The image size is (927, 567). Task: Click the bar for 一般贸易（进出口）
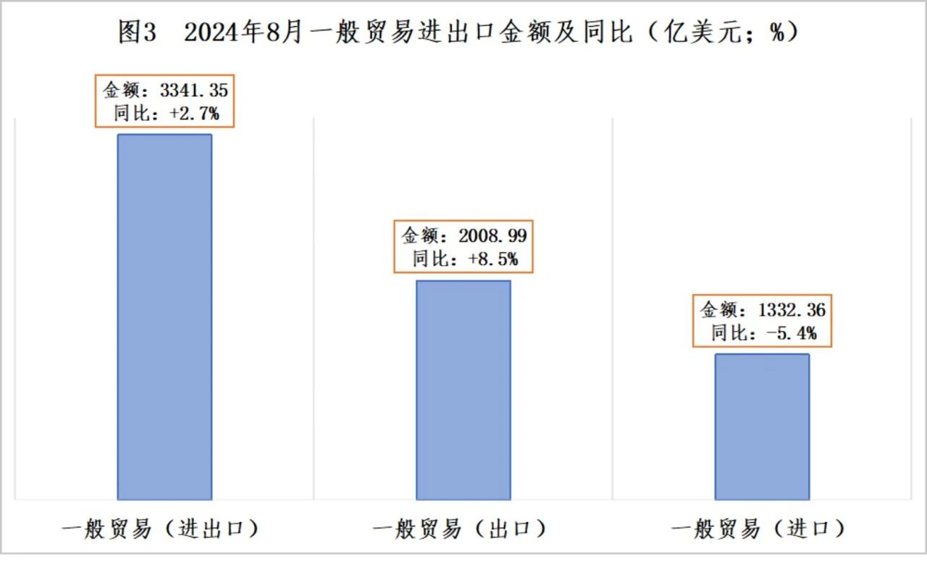tap(164, 316)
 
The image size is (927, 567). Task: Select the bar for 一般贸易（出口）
tap(463, 390)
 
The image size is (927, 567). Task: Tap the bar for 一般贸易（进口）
tap(762, 427)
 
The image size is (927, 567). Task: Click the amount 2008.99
tap(493, 236)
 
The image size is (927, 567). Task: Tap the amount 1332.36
tap(792, 311)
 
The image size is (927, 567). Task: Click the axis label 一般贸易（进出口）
tap(160, 529)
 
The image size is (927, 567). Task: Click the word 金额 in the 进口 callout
tap(717, 311)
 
